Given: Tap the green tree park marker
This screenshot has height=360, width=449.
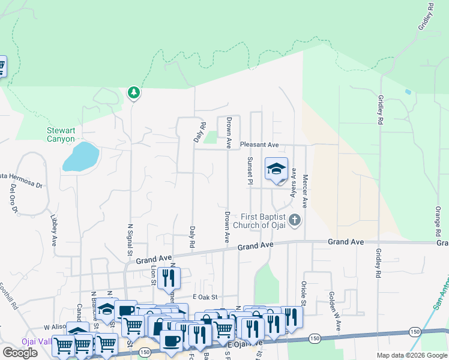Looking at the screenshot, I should click(x=134, y=93).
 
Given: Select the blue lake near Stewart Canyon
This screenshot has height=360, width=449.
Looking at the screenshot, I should click(x=80, y=157).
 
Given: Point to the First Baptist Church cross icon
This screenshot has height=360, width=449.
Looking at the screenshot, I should click(x=294, y=221).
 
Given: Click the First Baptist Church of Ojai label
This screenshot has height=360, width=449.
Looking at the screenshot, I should click(x=264, y=221).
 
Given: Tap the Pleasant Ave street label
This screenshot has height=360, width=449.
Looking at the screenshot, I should click(x=259, y=145).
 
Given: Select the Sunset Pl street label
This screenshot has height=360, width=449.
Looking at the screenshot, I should click(x=250, y=170).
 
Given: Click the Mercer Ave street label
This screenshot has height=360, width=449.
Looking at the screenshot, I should click(x=305, y=191).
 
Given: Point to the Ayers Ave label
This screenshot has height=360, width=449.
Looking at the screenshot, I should click(x=294, y=182).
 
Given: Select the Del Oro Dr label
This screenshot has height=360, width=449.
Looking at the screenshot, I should click(x=13, y=198).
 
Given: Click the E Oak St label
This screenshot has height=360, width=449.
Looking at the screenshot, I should click(x=204, y=297).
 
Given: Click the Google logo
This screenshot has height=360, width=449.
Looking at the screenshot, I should click(x=20, y=353).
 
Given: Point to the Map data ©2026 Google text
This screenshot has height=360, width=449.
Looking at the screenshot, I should click(x=411, y=356).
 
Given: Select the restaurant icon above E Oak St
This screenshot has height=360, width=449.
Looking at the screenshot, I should click(x=169, y=278).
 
